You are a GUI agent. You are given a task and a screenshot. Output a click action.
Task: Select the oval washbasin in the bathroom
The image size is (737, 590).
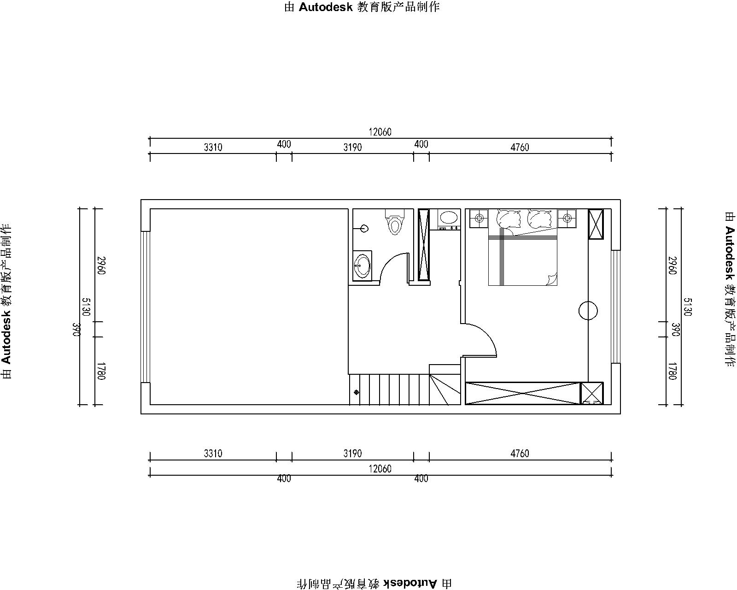(362, 265)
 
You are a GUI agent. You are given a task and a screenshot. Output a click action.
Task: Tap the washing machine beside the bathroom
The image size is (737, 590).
(449, 219)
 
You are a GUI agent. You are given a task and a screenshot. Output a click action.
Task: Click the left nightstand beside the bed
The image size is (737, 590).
(479, 218)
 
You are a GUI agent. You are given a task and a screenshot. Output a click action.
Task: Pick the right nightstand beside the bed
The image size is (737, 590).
(567, 218)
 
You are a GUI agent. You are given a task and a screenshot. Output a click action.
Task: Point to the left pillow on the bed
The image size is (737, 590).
(509, 219)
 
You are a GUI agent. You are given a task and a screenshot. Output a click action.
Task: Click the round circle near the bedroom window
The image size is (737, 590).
(588, 311)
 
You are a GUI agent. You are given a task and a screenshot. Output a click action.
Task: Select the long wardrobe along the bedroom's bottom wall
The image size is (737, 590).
(523, 393)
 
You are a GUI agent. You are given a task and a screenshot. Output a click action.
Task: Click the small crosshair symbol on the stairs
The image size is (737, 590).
(357, 392)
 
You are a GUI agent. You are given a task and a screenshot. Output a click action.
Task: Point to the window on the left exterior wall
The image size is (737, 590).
(146, 307)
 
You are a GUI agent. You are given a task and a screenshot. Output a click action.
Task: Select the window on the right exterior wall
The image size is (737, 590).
(616, 307)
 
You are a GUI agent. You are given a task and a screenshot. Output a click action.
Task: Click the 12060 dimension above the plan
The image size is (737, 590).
(380, 132)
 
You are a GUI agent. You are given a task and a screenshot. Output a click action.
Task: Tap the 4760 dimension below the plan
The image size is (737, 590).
(520, 454)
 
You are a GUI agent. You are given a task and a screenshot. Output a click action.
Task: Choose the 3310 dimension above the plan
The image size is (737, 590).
(213, 147)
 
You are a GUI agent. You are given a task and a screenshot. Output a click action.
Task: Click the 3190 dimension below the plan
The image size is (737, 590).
(353, 454)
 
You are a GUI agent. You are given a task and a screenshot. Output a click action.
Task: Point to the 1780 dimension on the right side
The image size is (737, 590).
(672, 371)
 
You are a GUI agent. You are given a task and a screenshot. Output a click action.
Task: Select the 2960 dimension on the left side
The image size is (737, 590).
(101, 265)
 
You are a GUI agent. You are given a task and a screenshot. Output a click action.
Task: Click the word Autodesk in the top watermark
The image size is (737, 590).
(326, 7)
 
